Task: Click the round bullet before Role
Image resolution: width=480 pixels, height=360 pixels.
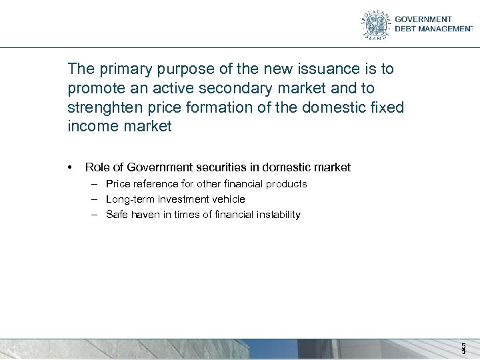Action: pyautogui.click(x=70, y=166)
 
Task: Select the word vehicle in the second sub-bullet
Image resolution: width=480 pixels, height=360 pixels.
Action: pyautogui.click(x=228, y=199)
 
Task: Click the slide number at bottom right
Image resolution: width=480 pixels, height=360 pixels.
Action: pyautogui.click(x=463, y=348)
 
